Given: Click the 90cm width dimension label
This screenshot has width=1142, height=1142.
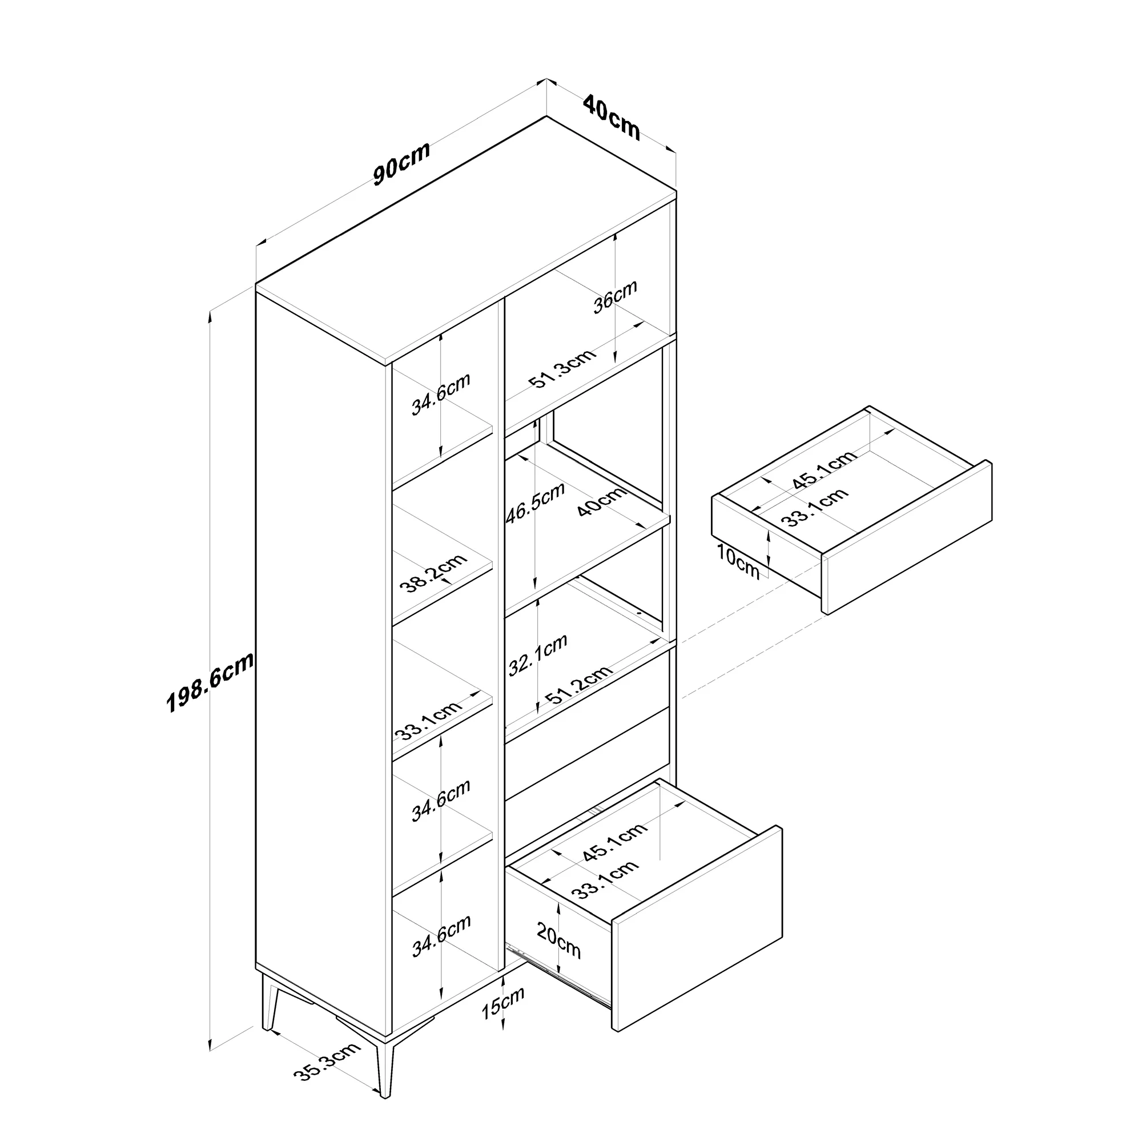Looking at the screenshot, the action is (x=401, y=164).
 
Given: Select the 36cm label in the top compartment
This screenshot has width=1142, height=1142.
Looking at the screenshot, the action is (x=616, y=296).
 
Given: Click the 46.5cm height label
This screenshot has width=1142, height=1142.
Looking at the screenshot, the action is (x=536, y=503).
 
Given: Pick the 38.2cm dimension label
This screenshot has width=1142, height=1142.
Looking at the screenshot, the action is (x=433, y=573).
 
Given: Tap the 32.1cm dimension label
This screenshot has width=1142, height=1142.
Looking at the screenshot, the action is (x=538, y=654).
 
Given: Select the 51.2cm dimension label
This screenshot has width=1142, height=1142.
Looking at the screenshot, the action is (x=578, y=685).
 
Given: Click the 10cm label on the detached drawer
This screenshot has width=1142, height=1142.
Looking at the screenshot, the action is (x=738, y=561).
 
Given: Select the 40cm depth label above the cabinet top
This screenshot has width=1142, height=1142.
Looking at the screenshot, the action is (x=611, y=118).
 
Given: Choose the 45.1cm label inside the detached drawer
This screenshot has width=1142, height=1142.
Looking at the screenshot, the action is (x=824, y=470).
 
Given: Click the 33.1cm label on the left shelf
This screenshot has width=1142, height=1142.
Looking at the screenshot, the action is (x=429, y=721).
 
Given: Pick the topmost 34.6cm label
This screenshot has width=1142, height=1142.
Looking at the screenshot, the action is (x=441, y=394).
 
